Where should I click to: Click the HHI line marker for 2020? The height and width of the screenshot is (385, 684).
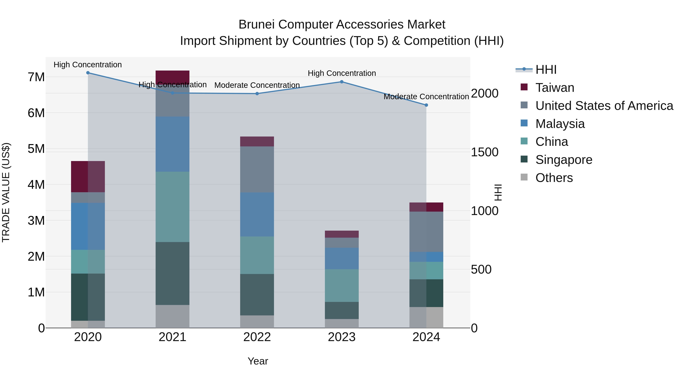pyautogui.click(x=88, y=73)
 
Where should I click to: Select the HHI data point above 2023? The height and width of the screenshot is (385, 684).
pyautogui.click(x=342, y=82)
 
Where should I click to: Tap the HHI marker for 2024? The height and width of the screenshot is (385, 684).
pyautogui.click(x=426, y=105)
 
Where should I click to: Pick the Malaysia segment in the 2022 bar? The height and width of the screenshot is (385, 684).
pyautogui.click(x=257, y=214)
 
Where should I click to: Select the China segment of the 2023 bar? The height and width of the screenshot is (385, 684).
pyautogui.click(x=342, y=285)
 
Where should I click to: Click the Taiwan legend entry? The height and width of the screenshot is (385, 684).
pyautogui.click(x=554, y=88)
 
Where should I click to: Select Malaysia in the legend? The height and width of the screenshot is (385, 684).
pyautogui.click(x=560, y=124)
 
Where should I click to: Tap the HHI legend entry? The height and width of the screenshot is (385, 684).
pyautogui.click(x=546, y=70)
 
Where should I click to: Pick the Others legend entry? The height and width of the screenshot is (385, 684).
pyautogui.click(x=554, y=178)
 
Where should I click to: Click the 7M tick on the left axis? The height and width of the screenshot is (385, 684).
pyautogui.click(x=36, y=77)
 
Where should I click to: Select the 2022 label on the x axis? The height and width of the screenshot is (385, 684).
pyautogui.click(x=257, y=337)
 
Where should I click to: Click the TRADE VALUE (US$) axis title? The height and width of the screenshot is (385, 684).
pyautogui.click(x=6, y=192)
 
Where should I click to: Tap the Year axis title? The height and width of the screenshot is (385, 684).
pyautogui.click(x=258, y=361)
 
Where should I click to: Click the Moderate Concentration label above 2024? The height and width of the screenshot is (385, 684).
pyautogui.click(x=426, y=97)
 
